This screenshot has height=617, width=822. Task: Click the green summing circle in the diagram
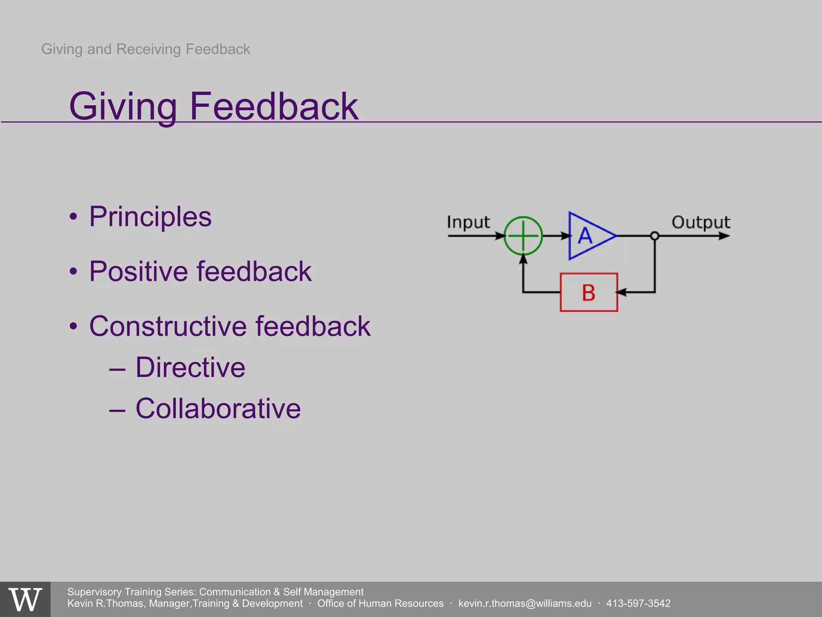[523, 236]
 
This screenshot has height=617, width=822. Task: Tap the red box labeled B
[588, 292]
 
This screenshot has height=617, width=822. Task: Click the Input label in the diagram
[468, 222]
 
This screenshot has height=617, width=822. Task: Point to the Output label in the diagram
[701, 222]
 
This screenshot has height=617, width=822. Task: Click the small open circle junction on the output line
[655, 236]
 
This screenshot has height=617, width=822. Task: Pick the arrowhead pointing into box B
[621, 292]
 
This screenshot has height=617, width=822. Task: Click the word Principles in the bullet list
[150, 217]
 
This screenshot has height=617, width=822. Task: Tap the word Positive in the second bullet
[138, 272]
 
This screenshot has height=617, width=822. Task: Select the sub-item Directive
[190, 368]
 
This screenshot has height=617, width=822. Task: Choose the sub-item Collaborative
[218, 409]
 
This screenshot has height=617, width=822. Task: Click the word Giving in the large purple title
[123, 106]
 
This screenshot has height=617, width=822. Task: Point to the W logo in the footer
[25, 599]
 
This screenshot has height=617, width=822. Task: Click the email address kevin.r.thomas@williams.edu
[525, 603]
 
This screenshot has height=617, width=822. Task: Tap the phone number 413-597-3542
[638, 603]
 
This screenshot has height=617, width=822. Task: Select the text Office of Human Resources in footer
[380, 603]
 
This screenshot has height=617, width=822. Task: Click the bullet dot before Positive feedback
[73, 272]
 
